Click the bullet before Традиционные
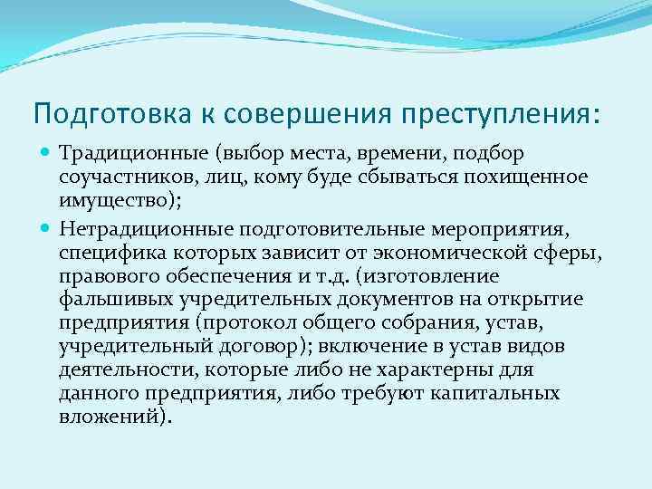[44, 156]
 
